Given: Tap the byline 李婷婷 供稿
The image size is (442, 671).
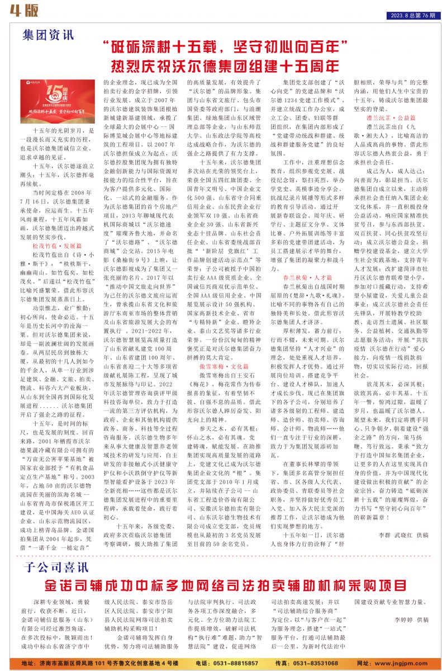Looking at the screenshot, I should tap(411, 620).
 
